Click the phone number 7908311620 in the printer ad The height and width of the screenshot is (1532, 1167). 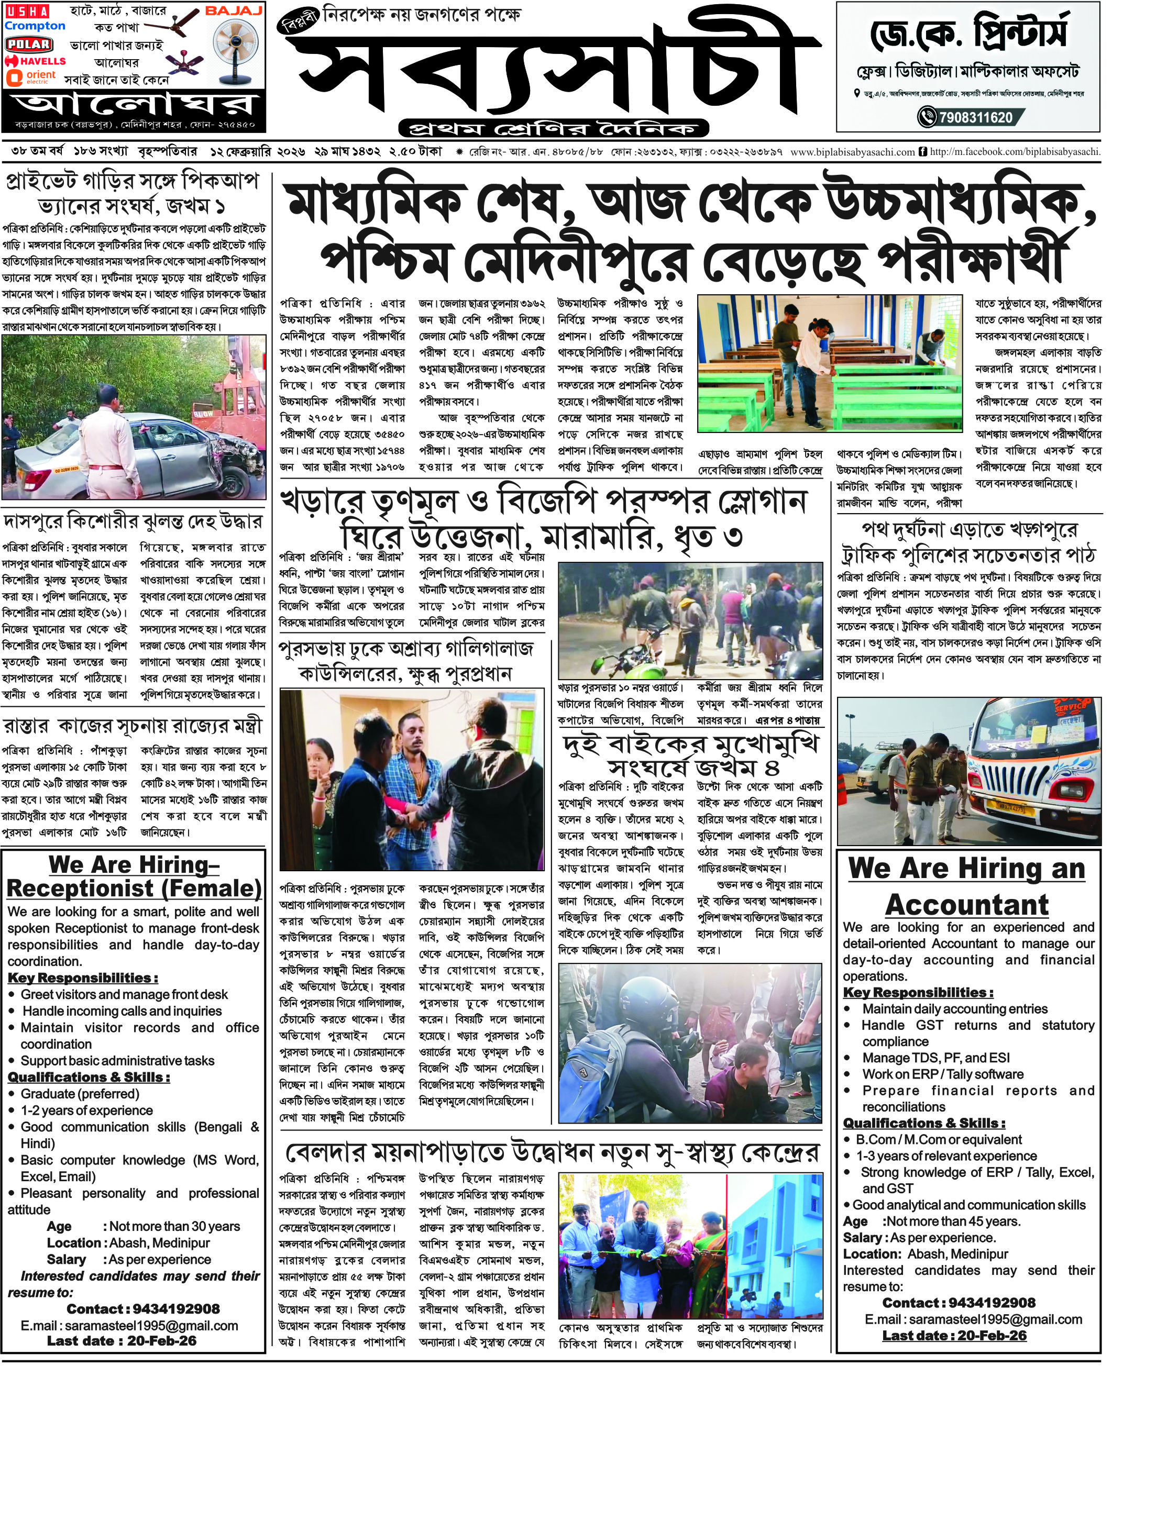(x=975, y=117)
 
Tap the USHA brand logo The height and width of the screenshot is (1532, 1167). (x=27, y=11)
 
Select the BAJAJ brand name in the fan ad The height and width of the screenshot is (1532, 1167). (x=234, y=11)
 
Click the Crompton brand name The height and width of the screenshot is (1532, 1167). (x=35, y=26)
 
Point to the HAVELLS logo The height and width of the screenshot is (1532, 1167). (x=36, y=61)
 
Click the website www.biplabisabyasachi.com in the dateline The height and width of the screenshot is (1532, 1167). (x=852, y=151)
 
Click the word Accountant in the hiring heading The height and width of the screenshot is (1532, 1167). (x=966, y=905)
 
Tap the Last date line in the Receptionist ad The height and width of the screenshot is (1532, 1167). (x=122, y=1341)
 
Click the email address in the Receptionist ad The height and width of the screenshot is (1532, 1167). (x=129, y=1326)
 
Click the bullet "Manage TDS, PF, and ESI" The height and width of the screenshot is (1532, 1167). (x=935, y=1058)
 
